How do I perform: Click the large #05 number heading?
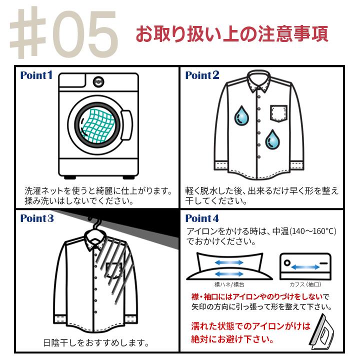pyautogui.click(x=64, y=32)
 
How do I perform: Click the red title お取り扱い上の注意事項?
pyautogui.click(x=232, y=34)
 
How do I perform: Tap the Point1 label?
pyautogui.click(x=36, y=75)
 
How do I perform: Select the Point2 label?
pyautogui.click(x=202, y=75)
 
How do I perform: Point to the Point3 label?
pyautogui.click(x=37, y=218)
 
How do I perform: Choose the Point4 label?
pyautogui.click(x=202, y=218)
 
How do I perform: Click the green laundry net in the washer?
pyautogui.click(x=97, y=125)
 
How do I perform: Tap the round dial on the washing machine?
pyautogui.click(x=98, y=82)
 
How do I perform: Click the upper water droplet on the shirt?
pyautogui.click(x=241, y=115)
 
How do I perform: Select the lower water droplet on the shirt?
pyautogui.click(x=272, y=139)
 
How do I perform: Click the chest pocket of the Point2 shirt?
pyautogui.click(x=278, y=113)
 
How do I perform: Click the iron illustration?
pyautogui.click(x=321, y=331)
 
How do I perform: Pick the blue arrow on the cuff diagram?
pyautogui.click(x=305, y=267)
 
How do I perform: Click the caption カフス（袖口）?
pyautogui.click(x=305, y=284)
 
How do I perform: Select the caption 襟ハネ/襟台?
pyautogui.click(x=229, y=284)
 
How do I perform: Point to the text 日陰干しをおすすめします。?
pyautogui.click(x=96, y=343)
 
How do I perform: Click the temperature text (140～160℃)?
pyautogui.click(x=313, y=231)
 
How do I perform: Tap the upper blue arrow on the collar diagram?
pyautogui.click(x=229, y=262)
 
